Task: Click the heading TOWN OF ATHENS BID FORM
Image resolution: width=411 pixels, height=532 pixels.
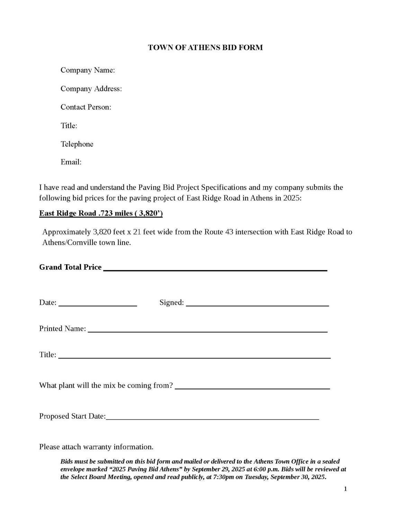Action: point(205,47)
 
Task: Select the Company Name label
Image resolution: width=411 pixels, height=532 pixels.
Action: point(88,70)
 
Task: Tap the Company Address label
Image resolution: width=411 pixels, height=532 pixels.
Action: point(91,89)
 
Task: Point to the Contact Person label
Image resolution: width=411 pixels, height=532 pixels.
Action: point(86,107)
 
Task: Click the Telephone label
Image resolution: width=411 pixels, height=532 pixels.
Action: point(77,144)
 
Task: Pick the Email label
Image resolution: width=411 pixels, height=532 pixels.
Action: point(71,162)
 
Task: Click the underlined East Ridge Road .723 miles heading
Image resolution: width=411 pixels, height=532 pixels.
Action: point(101,213)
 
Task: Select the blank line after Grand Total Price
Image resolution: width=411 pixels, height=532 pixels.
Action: point(215,269)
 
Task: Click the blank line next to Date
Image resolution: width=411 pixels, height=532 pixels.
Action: point(98,305)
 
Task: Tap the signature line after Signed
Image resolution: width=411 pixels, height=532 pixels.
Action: point(257,305)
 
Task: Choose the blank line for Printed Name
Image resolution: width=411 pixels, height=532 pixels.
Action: point(207,331)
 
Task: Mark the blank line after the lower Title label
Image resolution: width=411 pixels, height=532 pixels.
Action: point(194,357)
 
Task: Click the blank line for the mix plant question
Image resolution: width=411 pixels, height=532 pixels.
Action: point(252,388)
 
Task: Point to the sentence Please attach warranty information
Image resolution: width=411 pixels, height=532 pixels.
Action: point(96,447)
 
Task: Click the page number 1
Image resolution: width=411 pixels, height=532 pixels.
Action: point(345,489)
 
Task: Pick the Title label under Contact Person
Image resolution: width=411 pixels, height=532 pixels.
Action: point(69,125)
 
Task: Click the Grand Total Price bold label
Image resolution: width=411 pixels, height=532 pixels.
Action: point(70,267)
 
